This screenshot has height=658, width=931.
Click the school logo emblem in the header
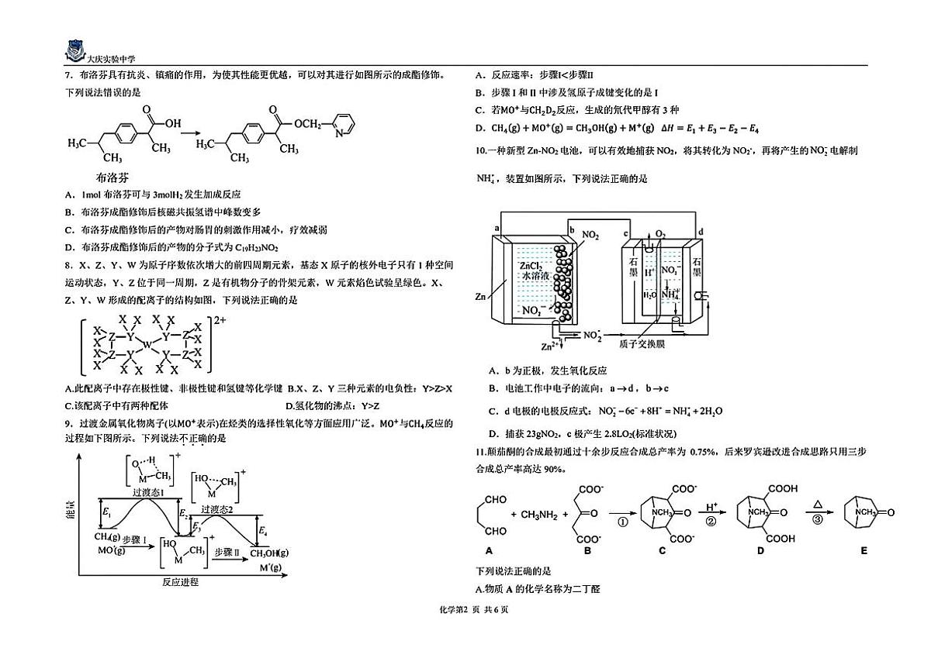coord(75,51)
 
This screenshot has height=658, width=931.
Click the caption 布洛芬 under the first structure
coord(112,177)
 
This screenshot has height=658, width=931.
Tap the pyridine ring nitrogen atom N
coord(339,133)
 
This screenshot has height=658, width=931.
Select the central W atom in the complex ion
coord(147,344)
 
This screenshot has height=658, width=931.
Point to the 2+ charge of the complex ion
coord(220,320)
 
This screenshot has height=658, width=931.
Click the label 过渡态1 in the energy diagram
coord(148,492)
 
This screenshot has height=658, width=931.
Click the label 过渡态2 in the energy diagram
coord(217,509)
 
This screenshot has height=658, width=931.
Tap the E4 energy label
coord(263,531)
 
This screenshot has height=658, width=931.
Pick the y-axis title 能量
coord(71,510)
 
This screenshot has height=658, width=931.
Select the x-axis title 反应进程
coord(180,581)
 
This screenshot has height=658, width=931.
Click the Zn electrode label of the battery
coord(480,296)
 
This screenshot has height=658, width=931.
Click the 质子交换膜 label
coord(642,344)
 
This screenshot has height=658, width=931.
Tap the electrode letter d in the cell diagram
coord(701,232)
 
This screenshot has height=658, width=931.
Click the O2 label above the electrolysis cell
coord(660,234)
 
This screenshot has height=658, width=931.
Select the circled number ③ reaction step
coord(817,519)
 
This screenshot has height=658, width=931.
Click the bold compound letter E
coord(864,551)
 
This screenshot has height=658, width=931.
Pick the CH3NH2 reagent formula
coord(539,515)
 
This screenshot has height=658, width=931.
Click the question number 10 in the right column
coord(481,150)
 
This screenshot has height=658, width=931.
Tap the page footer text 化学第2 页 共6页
coord(473,609)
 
